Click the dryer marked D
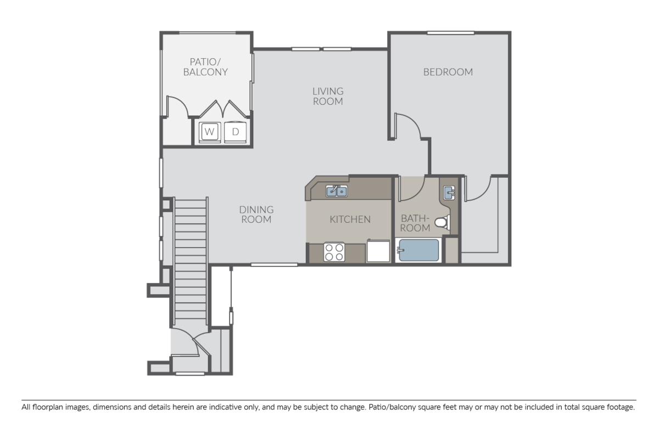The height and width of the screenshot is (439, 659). pyautogui.click(x=236, y=132)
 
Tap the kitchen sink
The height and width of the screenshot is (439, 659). pyautogui.click(x=336, y=191)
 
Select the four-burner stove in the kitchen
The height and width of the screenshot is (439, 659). pyautogui.click(x=334, y=252)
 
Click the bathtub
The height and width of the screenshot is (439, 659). pyautogui.click(x=418, y=251)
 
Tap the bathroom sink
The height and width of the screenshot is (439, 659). pyautogui.click(x=449, y=193)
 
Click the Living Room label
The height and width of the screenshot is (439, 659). pyautogui.click(x=328, y=96)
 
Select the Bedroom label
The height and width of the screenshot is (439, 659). pyautogui.click(x=448, y=72)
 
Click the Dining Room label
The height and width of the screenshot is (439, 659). pyautogui.click(x=256, y=215)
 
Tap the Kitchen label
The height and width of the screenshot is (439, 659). pyautogui.click(x=350, y=219)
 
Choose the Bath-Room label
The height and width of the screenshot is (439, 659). pyautogui.click(x=415, y=222)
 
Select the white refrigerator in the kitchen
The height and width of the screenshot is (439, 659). pyautogui.click(x=378, y=252)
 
